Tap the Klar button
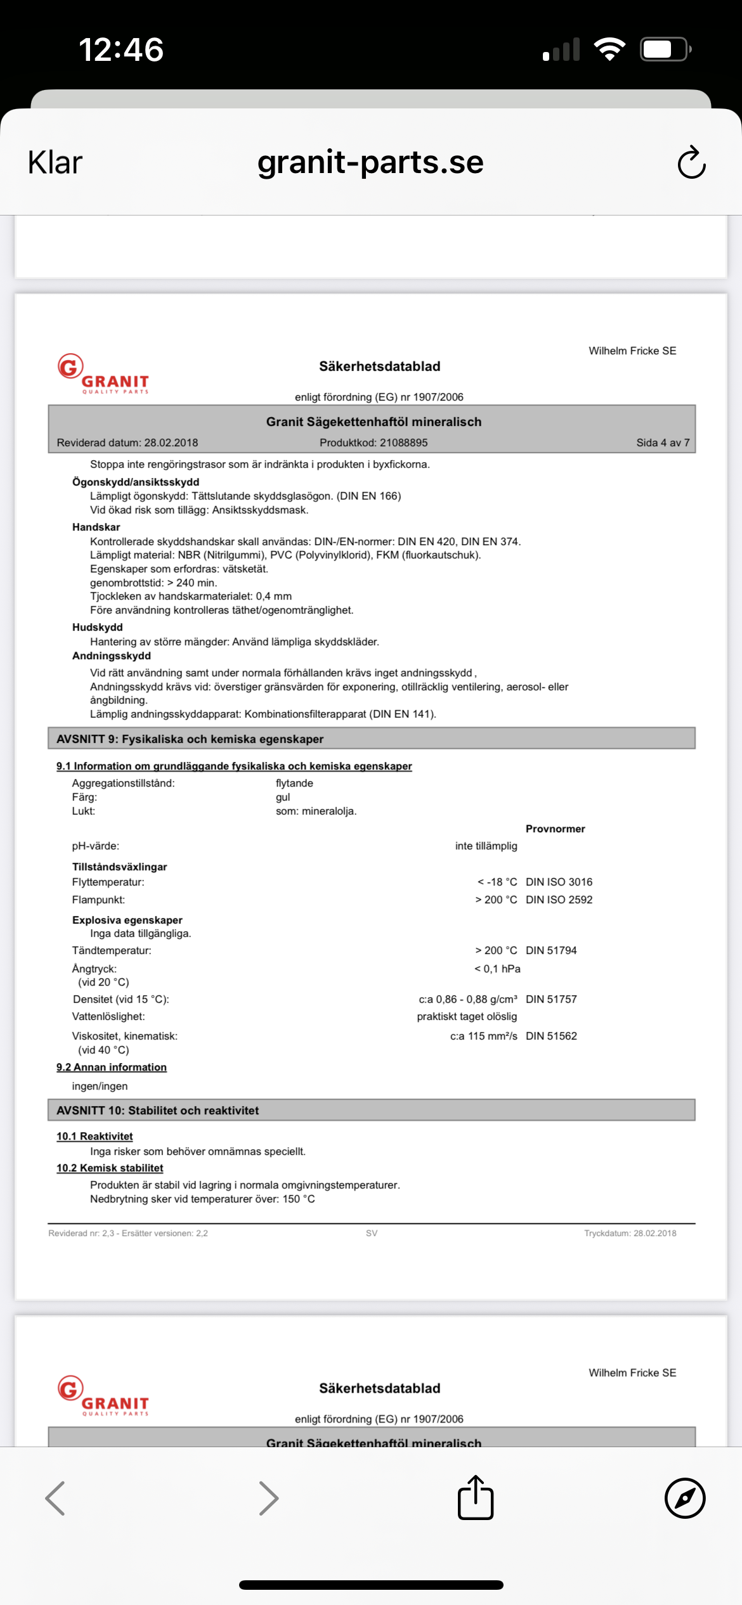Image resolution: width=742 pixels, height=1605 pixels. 55,163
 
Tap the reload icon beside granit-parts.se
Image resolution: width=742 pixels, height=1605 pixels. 691,163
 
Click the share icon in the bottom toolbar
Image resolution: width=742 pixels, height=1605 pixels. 476,1498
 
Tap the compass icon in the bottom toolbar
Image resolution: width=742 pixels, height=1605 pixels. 685,1498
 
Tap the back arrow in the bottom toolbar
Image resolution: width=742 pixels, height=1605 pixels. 56,1498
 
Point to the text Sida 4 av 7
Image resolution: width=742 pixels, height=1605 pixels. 663,442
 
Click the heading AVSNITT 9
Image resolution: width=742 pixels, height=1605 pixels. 190,739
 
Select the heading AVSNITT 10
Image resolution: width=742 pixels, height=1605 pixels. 157,1111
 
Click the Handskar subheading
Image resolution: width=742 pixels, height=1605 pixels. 96,527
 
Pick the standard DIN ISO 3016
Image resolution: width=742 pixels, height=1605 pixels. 559,882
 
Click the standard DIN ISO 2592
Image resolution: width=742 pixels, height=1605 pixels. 559,899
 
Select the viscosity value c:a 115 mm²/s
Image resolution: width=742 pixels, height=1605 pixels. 483,1036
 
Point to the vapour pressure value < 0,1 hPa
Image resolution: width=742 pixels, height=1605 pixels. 497,969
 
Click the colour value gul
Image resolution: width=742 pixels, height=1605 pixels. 283,797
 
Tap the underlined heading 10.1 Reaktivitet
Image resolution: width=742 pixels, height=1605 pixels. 94,1137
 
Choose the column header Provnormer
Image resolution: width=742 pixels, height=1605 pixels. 555,828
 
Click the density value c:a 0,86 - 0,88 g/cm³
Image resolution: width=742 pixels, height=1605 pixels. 467,999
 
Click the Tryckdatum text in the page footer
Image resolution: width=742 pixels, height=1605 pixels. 630,1233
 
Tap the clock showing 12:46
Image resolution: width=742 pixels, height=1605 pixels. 121,49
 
